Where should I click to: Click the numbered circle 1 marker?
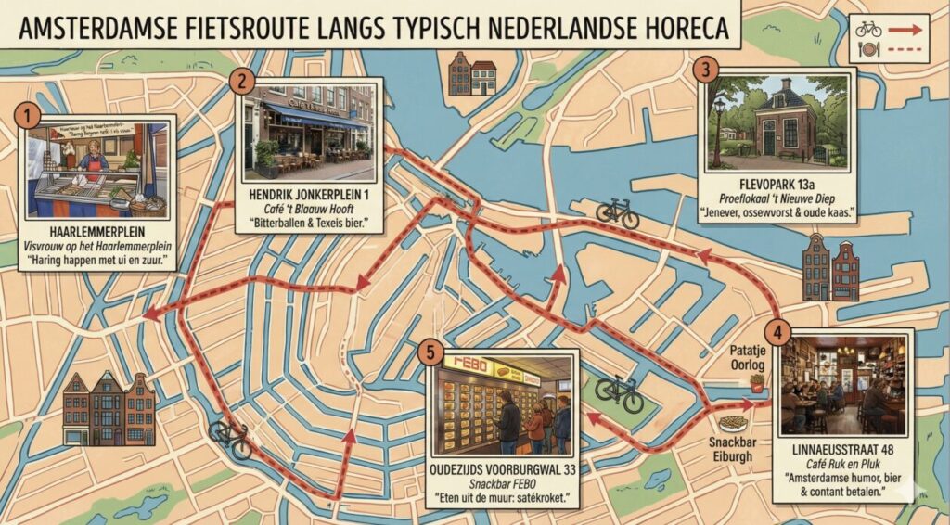point(29,116)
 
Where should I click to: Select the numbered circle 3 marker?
point(707,70)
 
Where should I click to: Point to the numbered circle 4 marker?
point(777,331)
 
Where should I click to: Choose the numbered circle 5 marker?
point(429,352)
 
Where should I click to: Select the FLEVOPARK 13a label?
point(775,184)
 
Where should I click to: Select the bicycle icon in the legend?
point(869,29)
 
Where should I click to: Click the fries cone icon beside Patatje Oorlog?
point(757,381)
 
